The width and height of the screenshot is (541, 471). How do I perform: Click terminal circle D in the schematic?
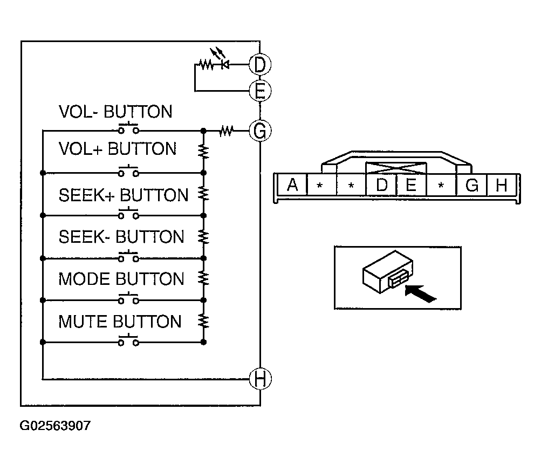[x=259, y=65]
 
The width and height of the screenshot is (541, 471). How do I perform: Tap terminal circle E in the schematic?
[x=259, y=91]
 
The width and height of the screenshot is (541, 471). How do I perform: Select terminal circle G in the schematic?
[x=259, y=130]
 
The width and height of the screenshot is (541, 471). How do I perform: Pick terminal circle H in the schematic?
[x=259, y=379]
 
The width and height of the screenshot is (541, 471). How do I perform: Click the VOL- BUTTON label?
[x=115, y=112]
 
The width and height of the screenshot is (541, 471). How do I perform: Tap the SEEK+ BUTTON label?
[x=124, y=195]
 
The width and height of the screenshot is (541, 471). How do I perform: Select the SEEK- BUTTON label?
[x=121, y=237]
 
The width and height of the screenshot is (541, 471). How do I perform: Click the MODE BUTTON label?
[x=121, y=279]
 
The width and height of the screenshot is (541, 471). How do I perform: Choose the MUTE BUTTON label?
[x=120, y=322]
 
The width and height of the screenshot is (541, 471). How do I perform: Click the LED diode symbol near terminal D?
[x=225, y=64]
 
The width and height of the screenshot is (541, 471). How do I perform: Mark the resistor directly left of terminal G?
[x=226, y=130]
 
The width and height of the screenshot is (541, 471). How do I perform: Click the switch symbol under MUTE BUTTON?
[x=128, y=341]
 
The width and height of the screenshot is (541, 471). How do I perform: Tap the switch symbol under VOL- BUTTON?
[x=128, y=129]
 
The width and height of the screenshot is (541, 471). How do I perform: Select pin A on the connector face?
[x=292, y=185]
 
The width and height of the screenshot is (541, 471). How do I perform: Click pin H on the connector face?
[x=502, y=185]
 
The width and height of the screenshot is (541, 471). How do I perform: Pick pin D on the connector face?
[x=381, y=185]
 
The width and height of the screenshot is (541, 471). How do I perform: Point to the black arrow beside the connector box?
[x=420, y=294]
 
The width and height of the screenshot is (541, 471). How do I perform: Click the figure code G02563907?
[x=55, y=426]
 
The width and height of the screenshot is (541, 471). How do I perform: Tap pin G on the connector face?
[x=471, y=185]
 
